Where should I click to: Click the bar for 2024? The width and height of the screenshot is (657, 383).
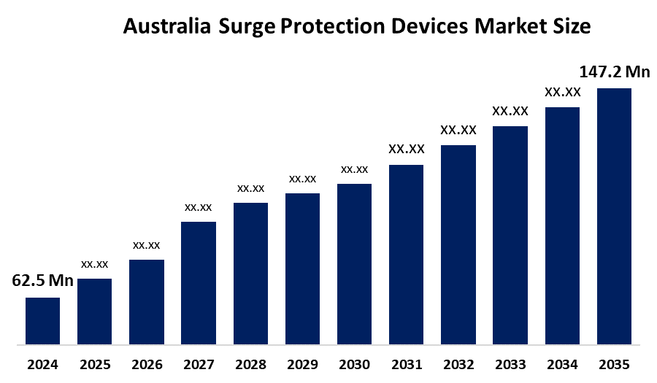(42, 321)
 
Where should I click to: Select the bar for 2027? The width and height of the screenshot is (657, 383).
(199, 283)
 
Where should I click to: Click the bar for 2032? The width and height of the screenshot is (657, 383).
(458, 245)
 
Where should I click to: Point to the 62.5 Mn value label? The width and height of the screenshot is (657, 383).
(42, 282)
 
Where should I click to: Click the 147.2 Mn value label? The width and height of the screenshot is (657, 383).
(614, 71)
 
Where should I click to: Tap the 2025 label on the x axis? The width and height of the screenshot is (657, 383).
(94, 364)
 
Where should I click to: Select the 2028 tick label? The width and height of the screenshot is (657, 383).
(250, 364)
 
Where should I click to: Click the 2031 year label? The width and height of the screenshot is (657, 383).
(406, 364)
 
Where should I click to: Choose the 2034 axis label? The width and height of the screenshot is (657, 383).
(562, 364)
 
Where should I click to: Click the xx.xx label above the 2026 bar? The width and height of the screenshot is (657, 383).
(146, 245)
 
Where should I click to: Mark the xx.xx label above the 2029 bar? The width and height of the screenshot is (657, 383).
(302, 179)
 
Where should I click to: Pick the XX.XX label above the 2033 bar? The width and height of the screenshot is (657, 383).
(510, 111)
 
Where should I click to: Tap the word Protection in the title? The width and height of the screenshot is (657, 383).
(332, 27)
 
